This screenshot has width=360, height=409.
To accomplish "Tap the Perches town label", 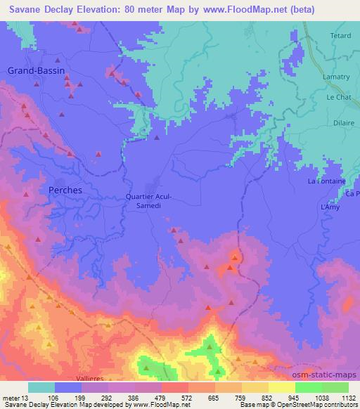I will point(63,190).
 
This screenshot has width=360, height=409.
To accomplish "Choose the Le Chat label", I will point(339,98).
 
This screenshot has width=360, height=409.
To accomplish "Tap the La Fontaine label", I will point(327,181).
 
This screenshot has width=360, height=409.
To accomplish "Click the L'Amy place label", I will point(330,207).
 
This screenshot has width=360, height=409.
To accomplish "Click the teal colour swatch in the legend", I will point(41,387).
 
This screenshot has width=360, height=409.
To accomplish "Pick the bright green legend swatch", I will point(309,387).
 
